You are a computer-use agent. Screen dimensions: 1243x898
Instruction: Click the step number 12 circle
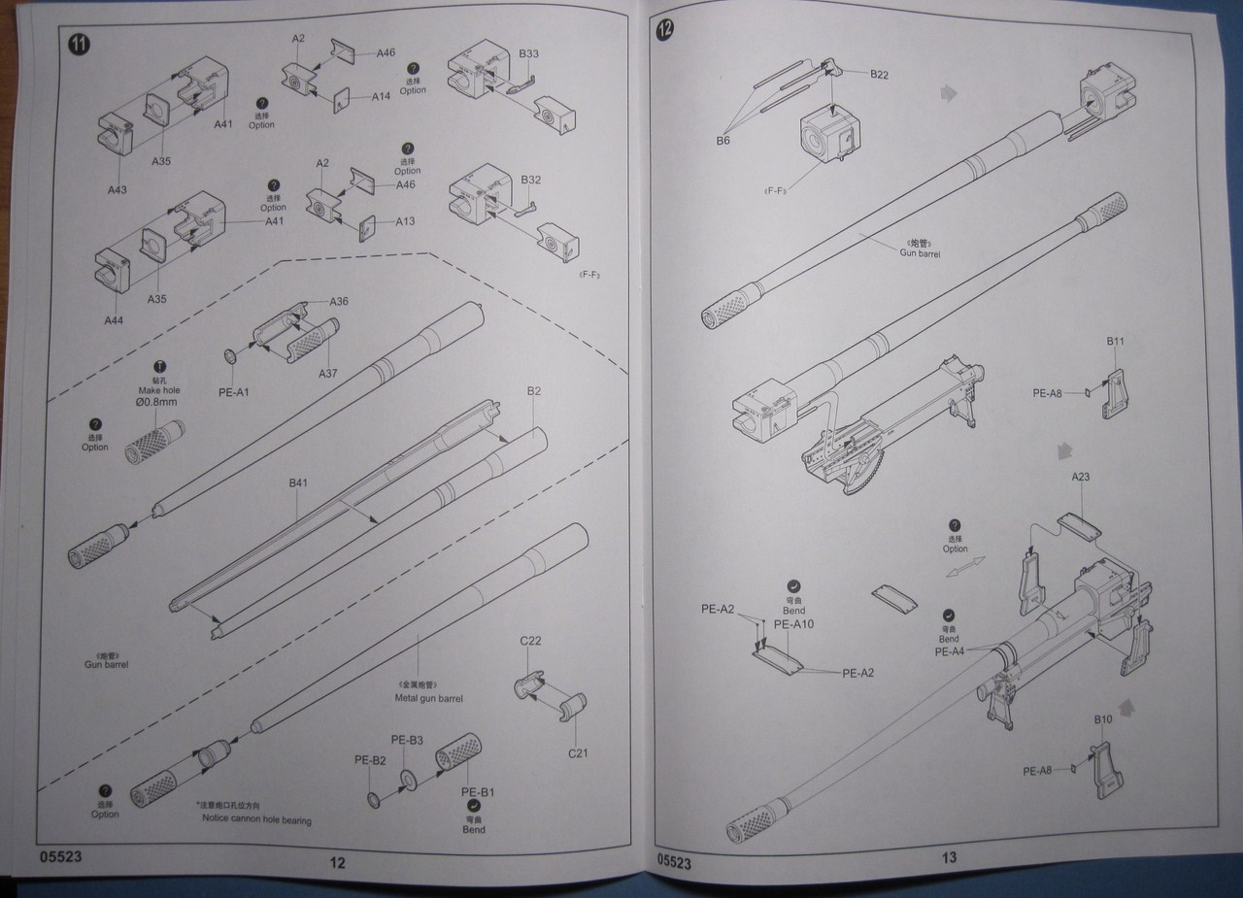point(665,29)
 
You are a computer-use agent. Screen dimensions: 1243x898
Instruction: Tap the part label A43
point(116,189)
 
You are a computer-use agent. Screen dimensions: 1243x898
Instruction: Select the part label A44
point(114,317)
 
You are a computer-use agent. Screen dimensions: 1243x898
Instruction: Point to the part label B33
point(529,54)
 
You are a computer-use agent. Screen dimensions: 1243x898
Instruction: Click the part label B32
point(530,181)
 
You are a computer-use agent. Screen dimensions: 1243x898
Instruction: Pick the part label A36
point(339,302)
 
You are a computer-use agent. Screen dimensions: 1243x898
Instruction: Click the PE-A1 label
point(234,391)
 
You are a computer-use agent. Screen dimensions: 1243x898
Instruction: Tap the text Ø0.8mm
point(158,401)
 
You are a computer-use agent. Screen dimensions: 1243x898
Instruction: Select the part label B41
point(298,482)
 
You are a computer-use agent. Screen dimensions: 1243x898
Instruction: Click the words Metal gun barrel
point(428,698)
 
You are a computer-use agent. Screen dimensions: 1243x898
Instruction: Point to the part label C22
point(530,641)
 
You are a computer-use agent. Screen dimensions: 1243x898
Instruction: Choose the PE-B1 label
point(478,791)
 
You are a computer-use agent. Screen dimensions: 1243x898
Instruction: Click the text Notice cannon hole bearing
point(257,820)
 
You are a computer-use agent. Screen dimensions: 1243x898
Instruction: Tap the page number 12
point(337,862)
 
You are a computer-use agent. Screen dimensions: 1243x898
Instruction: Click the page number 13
point(949,857)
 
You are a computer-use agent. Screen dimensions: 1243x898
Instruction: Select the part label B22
point(880,74)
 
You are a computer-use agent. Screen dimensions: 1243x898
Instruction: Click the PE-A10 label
point(793,623)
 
